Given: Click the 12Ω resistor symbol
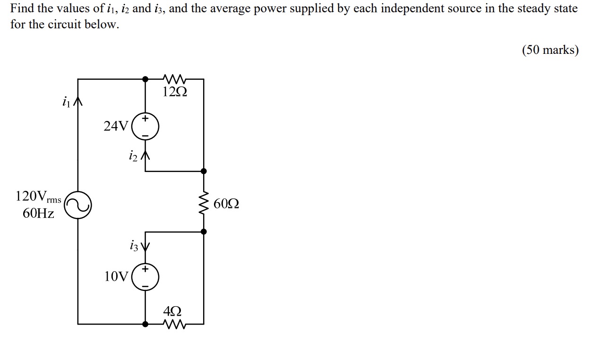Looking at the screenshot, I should (x=174, y=78).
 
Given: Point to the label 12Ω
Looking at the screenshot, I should (x=174, y=92).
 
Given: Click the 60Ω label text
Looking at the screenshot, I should (x=226, y=204).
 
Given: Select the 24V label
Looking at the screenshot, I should (x=116, y=126).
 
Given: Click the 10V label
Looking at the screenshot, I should (x=116, y=276).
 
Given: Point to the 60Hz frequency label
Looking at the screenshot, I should (x=38, y=214).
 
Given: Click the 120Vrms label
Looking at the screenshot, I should (x=38, y=196).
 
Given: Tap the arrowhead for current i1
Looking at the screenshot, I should (x=78, y=103).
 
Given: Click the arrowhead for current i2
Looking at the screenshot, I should (x=145, y=155).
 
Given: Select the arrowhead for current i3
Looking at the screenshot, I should (x=145, y=247).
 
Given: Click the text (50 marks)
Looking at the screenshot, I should (x=550, y=50).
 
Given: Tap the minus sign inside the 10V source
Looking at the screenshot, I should (x=145, y=286).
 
